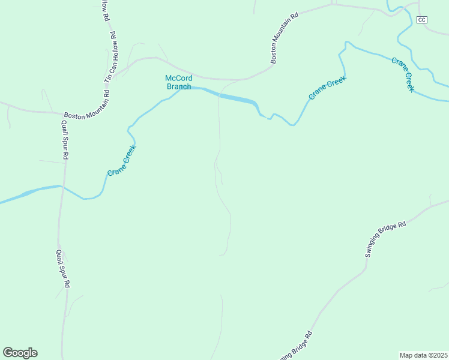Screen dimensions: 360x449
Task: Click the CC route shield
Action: tap(421, 20)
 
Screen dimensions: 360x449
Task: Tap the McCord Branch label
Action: tap(178, 82)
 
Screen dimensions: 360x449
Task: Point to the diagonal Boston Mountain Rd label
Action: tap(284, 40)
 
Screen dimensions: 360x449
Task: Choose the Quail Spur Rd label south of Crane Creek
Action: tap(63, 268)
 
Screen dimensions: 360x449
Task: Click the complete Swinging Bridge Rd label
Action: tap(385, 239)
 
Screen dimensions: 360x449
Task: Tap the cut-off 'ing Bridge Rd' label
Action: tap(296, 346)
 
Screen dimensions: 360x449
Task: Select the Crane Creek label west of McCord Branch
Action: tap(122, 160)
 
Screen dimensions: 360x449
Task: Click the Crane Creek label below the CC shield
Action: tap(403, 74)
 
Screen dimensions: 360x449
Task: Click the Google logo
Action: tap(20, 353)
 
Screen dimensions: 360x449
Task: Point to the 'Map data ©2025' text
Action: tap(423, 355)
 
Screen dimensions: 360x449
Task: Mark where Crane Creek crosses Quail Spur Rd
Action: tap(62, 186)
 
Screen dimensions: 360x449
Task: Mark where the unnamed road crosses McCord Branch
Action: tap(218, 95)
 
